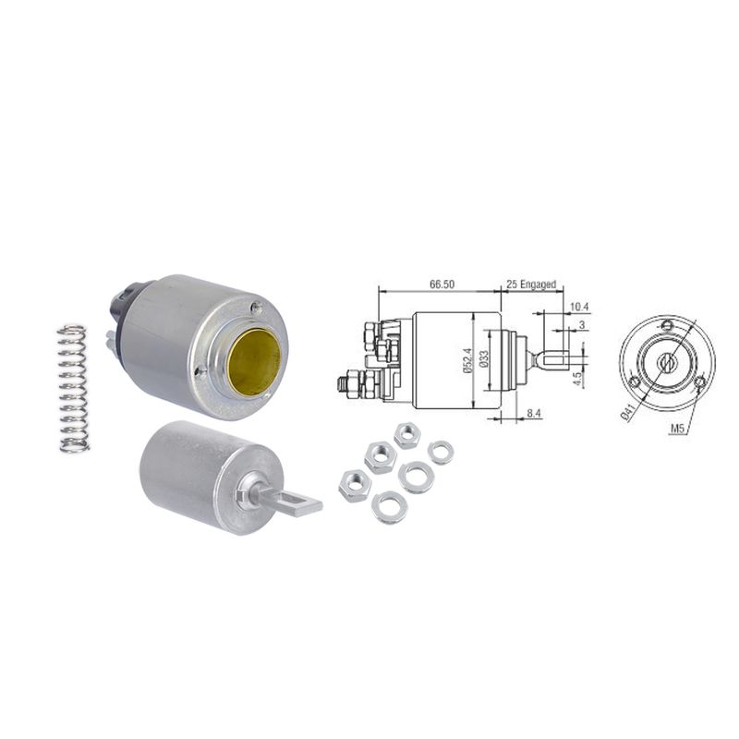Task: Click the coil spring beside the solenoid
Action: tap(73, 388)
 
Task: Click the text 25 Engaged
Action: tap(533, 285)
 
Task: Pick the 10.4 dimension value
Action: tap(579, 307)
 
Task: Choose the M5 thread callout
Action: tap(678, 428)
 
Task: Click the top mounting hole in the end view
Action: tap(666, 324)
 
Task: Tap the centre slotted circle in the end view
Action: tap(666, 362)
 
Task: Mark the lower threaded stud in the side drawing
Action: tap(353, 380)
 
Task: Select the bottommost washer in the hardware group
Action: tap(388, 507)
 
